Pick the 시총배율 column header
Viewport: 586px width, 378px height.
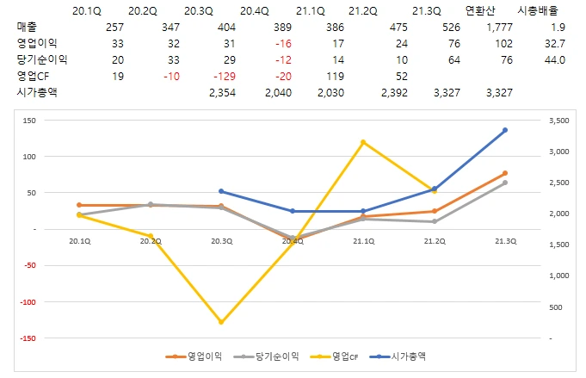[547, 10]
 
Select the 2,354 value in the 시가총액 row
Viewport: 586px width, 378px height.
[223, 92]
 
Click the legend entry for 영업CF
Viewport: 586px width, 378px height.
[348, 356]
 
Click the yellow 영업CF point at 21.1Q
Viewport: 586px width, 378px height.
[363, 142]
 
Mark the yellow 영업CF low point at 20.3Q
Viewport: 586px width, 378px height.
[221, 323]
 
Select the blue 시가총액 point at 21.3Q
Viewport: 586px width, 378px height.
[505, 130]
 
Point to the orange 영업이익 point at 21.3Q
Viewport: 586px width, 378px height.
[505, 173]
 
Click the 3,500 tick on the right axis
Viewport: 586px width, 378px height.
[558, 121]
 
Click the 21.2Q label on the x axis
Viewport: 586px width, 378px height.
[434, 241]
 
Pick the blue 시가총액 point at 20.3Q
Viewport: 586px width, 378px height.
[221, 191]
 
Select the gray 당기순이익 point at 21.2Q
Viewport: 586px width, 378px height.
[434, 221]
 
